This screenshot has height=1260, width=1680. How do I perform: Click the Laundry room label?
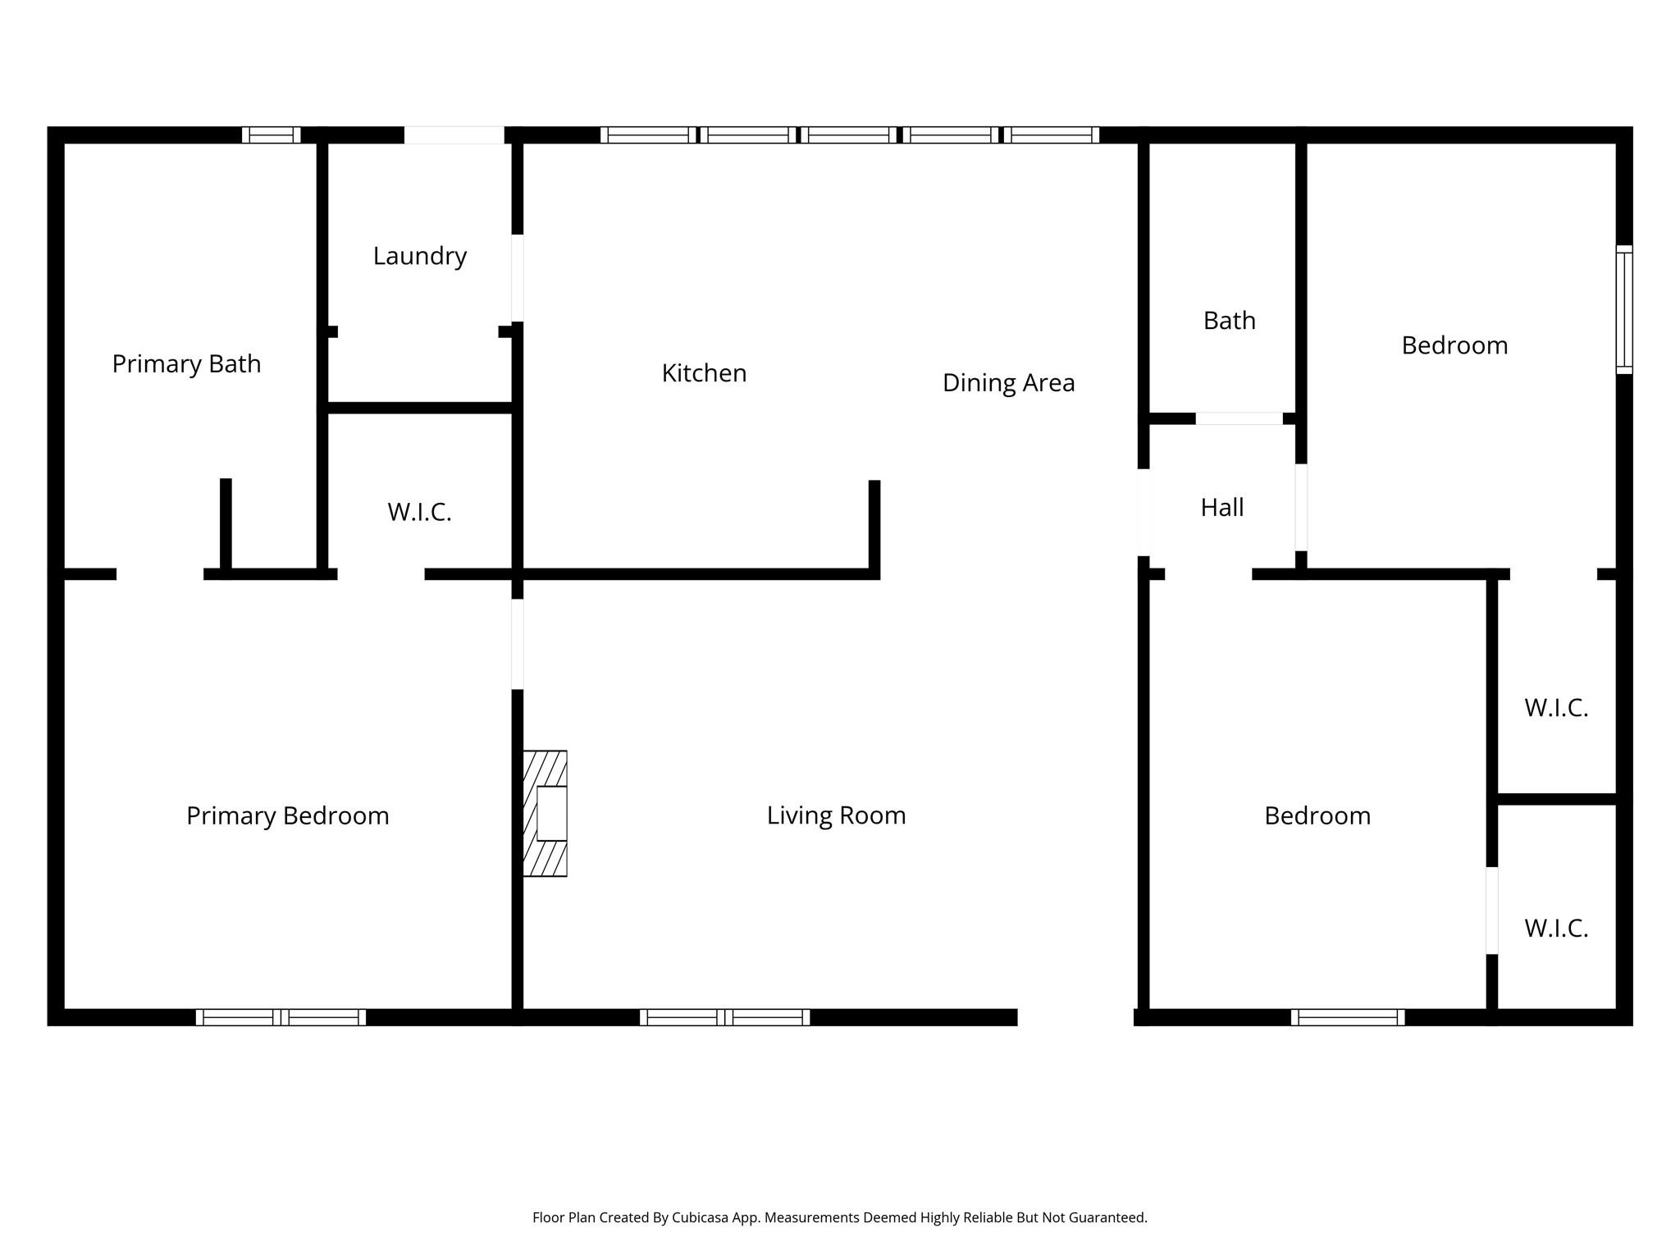[419, 256]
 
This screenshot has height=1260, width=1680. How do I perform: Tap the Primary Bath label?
[186, 363]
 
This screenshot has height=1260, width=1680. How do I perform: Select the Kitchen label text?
[704, 373]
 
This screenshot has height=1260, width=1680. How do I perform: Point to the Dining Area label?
[1008, 382]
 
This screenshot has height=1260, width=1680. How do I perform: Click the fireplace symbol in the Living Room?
[546, 813]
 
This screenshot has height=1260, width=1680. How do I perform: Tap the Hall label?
[1221, 508]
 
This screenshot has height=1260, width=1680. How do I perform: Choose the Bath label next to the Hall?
[1229, 320]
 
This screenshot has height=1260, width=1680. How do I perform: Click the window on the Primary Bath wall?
[271, 135]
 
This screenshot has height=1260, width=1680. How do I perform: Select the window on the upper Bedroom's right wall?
[1624, 309]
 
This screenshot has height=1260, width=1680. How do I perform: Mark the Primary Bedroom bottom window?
[281, 1017]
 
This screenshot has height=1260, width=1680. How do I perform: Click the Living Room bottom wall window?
[724, 1017]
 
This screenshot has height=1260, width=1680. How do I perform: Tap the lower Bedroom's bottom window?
[1348, 1017]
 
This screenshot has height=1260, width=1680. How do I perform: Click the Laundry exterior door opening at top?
[454, 135]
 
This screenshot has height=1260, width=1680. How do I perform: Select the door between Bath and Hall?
[1239, 418]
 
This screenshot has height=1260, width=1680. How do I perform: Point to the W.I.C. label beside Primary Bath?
[419, 512]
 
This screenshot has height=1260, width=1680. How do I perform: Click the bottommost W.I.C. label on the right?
[1556, 928]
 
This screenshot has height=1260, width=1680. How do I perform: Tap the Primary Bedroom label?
[287, 815]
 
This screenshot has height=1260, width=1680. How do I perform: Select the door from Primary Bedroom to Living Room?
[518, 644]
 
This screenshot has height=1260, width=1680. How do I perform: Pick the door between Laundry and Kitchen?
[518, 278]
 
